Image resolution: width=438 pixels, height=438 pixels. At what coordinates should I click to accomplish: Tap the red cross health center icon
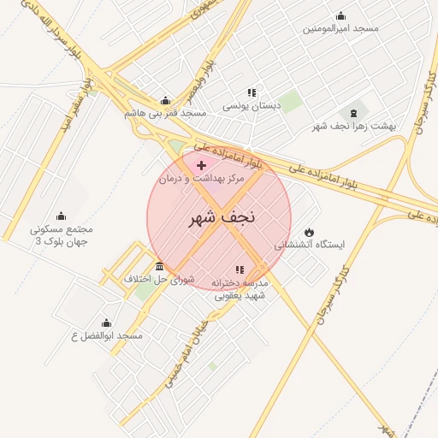[x=201, y=164]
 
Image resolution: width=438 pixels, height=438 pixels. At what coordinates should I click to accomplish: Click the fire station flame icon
[x=309, y=232]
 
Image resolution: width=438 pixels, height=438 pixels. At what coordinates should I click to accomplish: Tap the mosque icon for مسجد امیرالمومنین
[x=340, y=15]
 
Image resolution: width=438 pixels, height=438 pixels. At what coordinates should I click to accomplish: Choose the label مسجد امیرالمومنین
[x=340, y=28]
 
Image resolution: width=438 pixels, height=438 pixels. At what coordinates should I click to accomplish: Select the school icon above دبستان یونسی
[x=252, y=92]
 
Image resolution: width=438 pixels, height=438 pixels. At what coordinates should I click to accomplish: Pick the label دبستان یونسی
[x=252, y=106]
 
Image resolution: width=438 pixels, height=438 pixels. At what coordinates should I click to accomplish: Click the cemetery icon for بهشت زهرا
[x=352, y=113]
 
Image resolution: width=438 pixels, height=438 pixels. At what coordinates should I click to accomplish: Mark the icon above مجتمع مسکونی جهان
[x=61, y=216]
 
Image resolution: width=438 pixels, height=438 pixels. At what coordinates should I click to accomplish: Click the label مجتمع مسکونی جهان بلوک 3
[x=61, y=235]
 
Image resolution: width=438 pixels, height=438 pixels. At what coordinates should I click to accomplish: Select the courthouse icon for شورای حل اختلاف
[x=160, y=266]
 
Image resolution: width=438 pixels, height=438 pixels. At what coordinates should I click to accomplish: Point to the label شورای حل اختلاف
[x=160, y=280]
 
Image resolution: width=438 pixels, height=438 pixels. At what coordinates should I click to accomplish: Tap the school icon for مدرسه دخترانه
[x=240, y=269]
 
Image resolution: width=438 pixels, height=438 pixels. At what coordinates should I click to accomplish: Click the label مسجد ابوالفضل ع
[x=107, y=336]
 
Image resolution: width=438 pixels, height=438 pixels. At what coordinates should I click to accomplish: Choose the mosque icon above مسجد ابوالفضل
[x=106, y=323]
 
